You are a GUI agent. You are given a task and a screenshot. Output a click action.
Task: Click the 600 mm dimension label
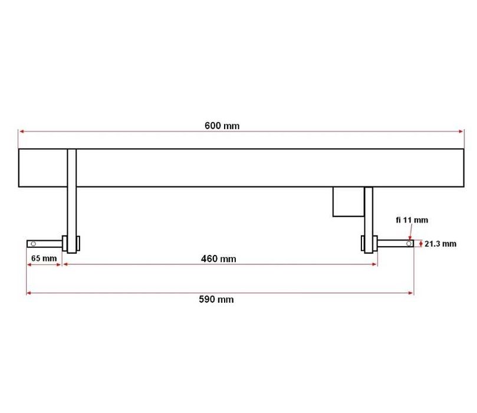(222, 126)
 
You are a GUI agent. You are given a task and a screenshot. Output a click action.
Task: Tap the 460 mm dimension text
(218, 258)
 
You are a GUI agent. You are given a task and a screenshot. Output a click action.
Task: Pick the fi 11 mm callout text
(412, 220)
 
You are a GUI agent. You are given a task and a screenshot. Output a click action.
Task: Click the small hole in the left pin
(33, 244)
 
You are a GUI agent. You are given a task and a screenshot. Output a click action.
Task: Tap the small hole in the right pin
(408, 243)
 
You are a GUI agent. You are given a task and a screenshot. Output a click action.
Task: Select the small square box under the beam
(348, 202)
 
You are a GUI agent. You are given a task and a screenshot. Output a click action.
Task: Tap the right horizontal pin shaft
(394, 243)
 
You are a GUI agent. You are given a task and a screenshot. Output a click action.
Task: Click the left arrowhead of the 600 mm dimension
(21, 131)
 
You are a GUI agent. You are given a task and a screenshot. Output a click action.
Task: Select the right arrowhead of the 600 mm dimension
(462, 131)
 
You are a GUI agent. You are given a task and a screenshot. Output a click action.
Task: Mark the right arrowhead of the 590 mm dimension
(411, 293)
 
